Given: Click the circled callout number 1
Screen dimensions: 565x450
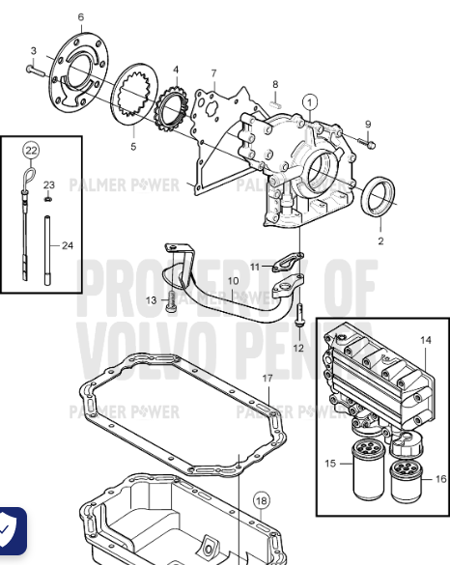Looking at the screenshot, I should (x=309, y=100).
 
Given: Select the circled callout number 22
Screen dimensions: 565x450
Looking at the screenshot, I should (x=31, y=150).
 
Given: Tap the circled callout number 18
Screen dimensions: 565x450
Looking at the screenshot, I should (x=260, y=499).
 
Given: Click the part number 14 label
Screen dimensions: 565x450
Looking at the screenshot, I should (x=426, y=340).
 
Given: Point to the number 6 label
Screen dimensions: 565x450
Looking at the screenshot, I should (x=80, y=16).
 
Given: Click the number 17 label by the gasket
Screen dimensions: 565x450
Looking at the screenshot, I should (x=267, y=378).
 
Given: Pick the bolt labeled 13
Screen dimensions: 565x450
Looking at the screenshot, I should (x=170, y=301).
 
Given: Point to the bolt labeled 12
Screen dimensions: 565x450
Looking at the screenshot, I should (x=298, y=315).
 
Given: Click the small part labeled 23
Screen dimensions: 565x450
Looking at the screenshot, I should (x=47, y=199).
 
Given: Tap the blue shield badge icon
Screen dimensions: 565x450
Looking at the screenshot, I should (x=11, y=528).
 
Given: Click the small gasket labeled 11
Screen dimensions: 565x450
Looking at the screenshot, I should (x=284, y=263).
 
